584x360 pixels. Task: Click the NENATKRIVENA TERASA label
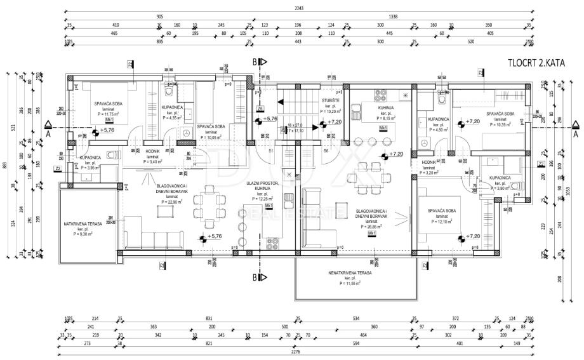click(349, 272)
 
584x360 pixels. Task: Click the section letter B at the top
click(255, 62)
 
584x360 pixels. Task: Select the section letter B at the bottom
click(255, 277)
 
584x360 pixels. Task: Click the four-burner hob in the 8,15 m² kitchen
click(380, 96)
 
